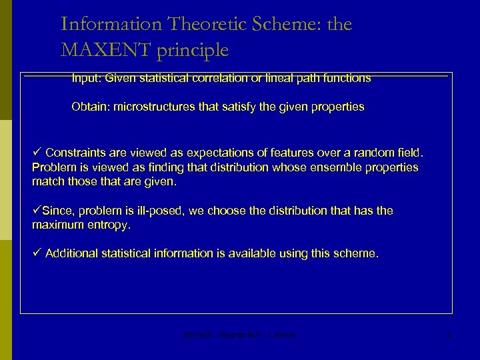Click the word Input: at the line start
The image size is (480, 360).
[87, 78]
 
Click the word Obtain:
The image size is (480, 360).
[91, 107]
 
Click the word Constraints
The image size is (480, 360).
[76, 152]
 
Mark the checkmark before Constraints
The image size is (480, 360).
[37, 152]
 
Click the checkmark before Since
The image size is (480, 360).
[37, 211]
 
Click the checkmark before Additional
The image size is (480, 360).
[37, 253]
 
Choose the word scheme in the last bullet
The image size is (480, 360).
[359, 253]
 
